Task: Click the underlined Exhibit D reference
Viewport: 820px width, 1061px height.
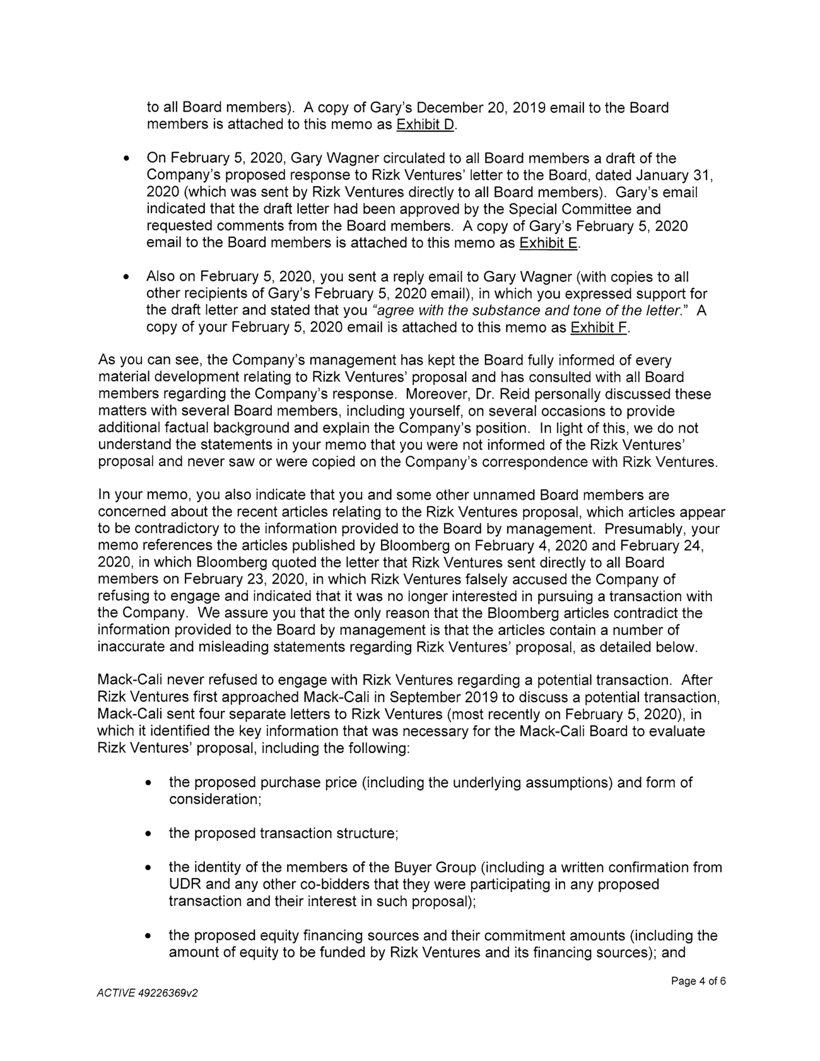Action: coord(425,125)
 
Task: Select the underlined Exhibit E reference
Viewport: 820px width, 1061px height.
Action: coord(548,243)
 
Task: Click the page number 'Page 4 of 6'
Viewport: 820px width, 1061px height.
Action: coord(698,982)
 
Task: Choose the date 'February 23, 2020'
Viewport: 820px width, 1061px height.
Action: coord(229,580)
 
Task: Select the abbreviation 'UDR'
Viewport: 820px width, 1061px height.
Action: coord(184,884)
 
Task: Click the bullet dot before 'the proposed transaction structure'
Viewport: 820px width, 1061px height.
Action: coord(148,834)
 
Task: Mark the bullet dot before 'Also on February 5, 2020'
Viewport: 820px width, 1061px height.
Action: coord(127,278)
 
